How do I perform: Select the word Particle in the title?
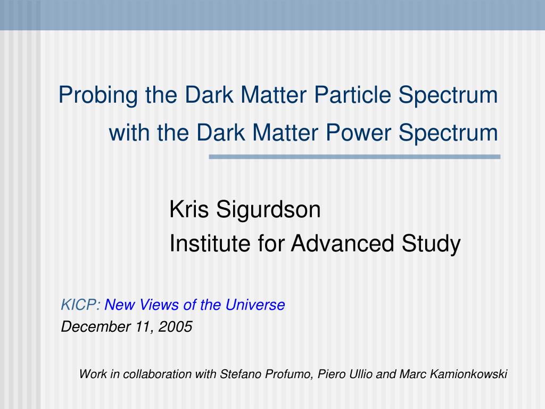(x=352, y=95)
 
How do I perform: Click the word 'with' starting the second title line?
(x=130, y=133)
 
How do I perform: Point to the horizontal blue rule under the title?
(x=354, y=157)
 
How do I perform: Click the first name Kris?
(x=189, y=209)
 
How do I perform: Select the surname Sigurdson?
(x=268, y=210)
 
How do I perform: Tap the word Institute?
(x=210, y=243)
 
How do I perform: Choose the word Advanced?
(x=342, y=243)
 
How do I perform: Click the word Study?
(x=431, y=244)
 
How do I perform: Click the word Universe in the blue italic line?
(x=255, y=305)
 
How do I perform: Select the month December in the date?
(x=96, y=326)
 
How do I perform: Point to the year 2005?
(x=175, y=326)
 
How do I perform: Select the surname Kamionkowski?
(x=468, y=374)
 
